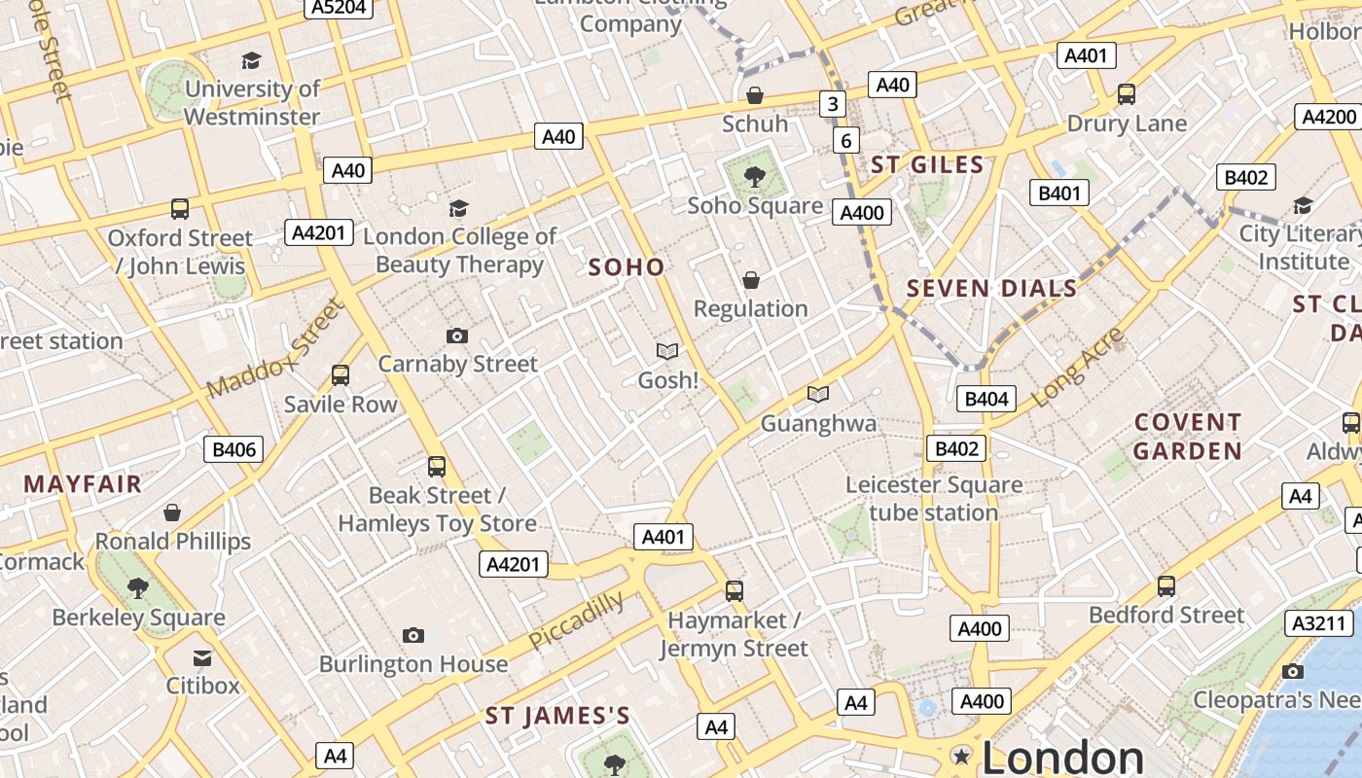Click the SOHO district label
pos(627,267)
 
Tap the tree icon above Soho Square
pos(754,177)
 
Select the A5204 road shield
pos(338,8)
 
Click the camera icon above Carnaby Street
pos(457,336)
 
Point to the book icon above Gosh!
pos(667,351)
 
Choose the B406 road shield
pos(233,449)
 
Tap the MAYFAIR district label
pos(83,484)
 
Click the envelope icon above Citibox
pos(202,658)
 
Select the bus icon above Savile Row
pos(340,375)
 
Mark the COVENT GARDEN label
pos(1188,437)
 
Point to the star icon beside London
pos(962,757)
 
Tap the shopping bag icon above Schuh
pos(754,95)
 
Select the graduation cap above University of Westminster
pos(252,61)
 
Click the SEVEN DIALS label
pos(992,288)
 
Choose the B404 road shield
pos(986,399)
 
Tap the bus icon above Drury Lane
pos(1127,94)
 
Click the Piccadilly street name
pos(577,621)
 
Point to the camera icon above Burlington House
pos(413,636)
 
